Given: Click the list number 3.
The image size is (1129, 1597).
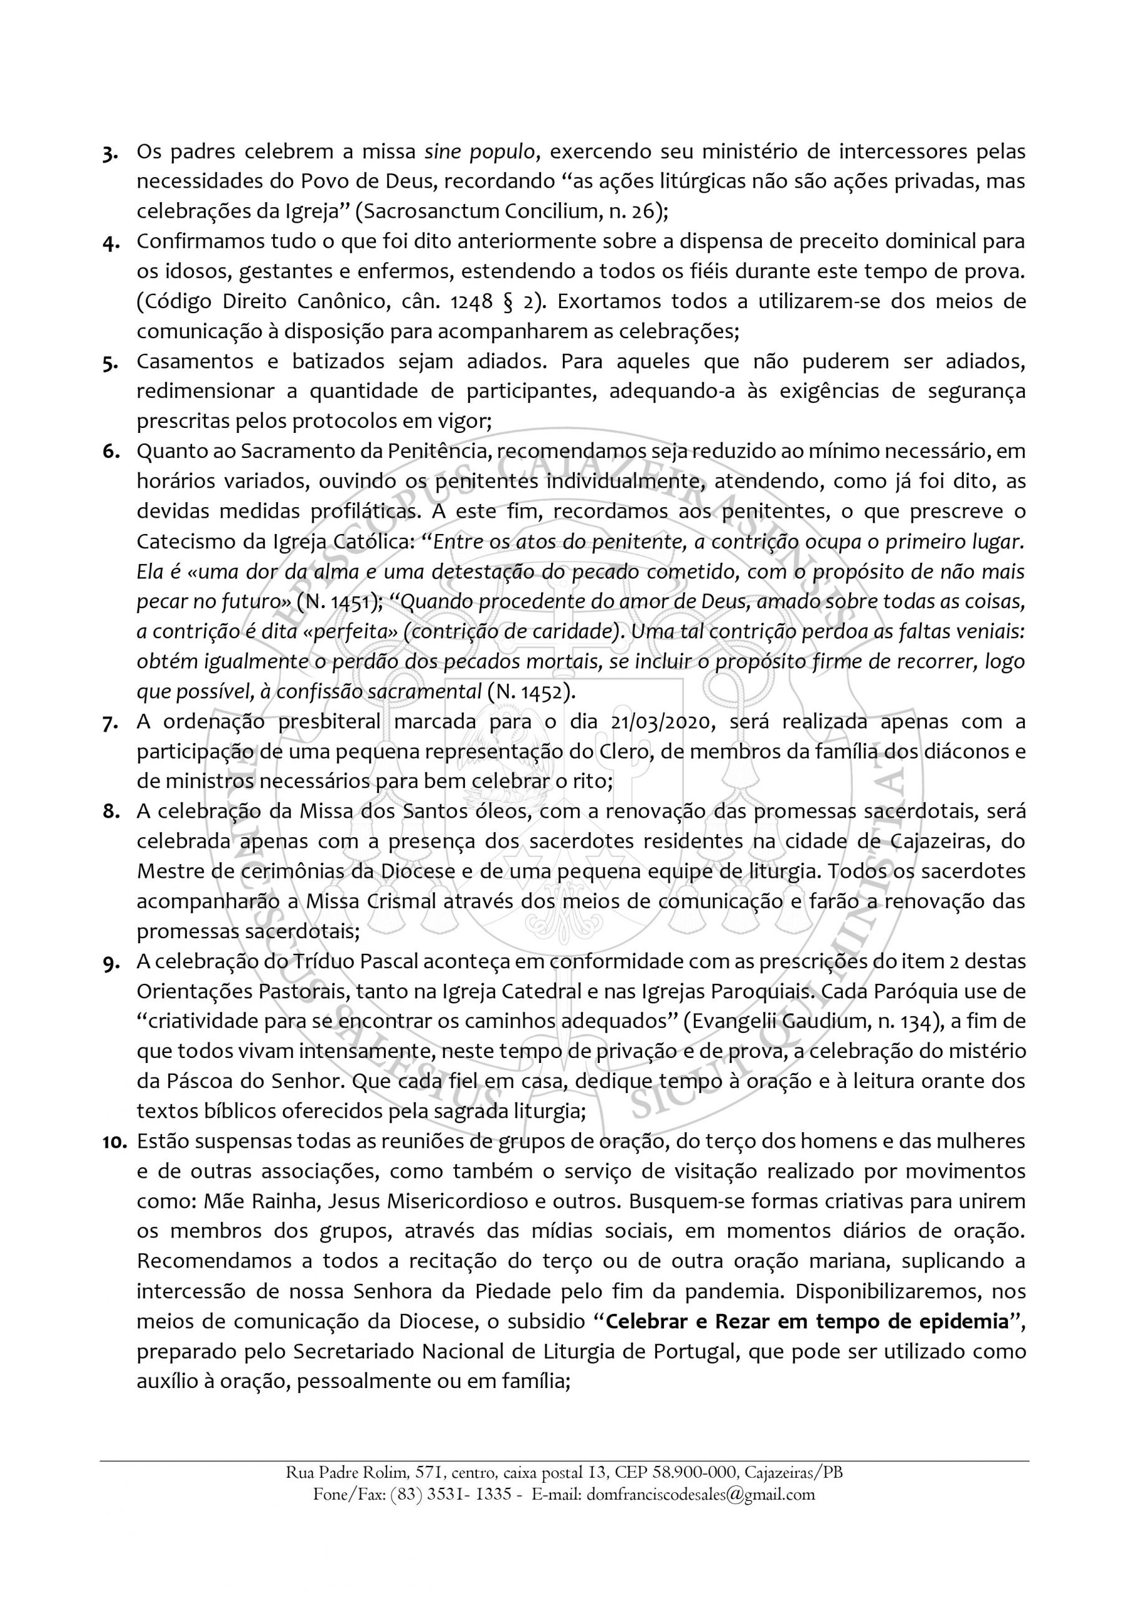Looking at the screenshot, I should [109, 153].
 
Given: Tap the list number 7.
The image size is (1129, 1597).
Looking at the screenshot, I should [109, 722].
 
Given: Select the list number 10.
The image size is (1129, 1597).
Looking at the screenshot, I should [113, 1142].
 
